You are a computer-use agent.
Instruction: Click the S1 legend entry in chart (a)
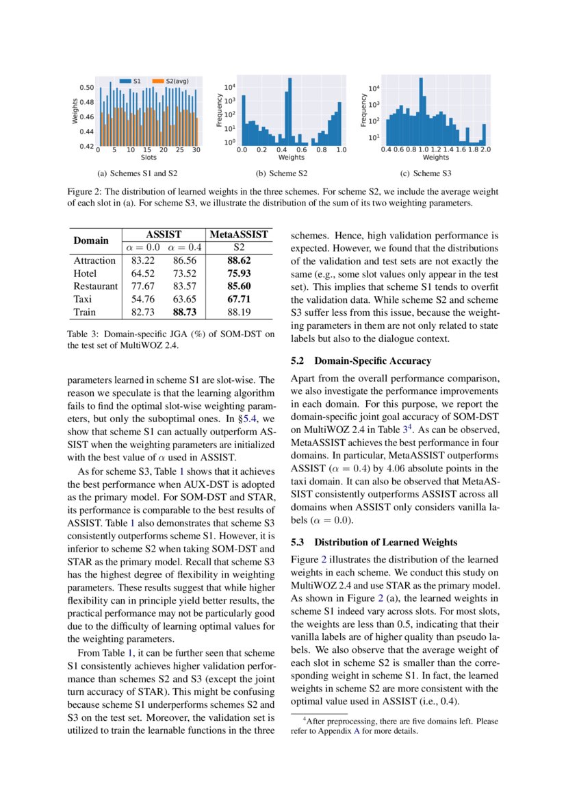tap(132, 80)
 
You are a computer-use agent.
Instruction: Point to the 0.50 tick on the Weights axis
tap(86, 88)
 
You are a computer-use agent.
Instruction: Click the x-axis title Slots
tap(149, 158)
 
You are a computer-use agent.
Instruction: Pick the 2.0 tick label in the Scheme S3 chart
tap(486, 149)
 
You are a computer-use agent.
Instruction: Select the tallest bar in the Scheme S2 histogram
tap(290, 110)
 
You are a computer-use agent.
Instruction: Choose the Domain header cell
tap(92, 241)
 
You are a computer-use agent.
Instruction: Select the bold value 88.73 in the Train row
tap(185, 312)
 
